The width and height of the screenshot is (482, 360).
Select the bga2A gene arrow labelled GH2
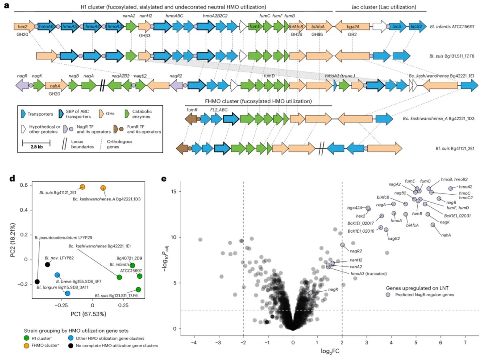pyautogui.click(x=352, y=27)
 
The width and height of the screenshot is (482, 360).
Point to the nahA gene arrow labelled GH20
pyautogui.click(x=56, y=86)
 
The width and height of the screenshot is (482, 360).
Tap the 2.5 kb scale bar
pyautogui.click(x=36, y=142)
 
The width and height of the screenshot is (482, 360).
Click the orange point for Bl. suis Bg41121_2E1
pyautogui.click(x=83, y=187)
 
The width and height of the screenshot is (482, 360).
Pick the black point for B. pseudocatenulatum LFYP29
pyautogui.click(x=37, y=281)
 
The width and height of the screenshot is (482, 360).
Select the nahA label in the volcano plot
pyautogui.click(x=445, y=234)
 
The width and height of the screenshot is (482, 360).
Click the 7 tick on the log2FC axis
pyautogui.click(x=465, y=342)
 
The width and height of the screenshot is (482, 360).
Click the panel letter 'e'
pyautogui.click(x=164, y=180)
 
